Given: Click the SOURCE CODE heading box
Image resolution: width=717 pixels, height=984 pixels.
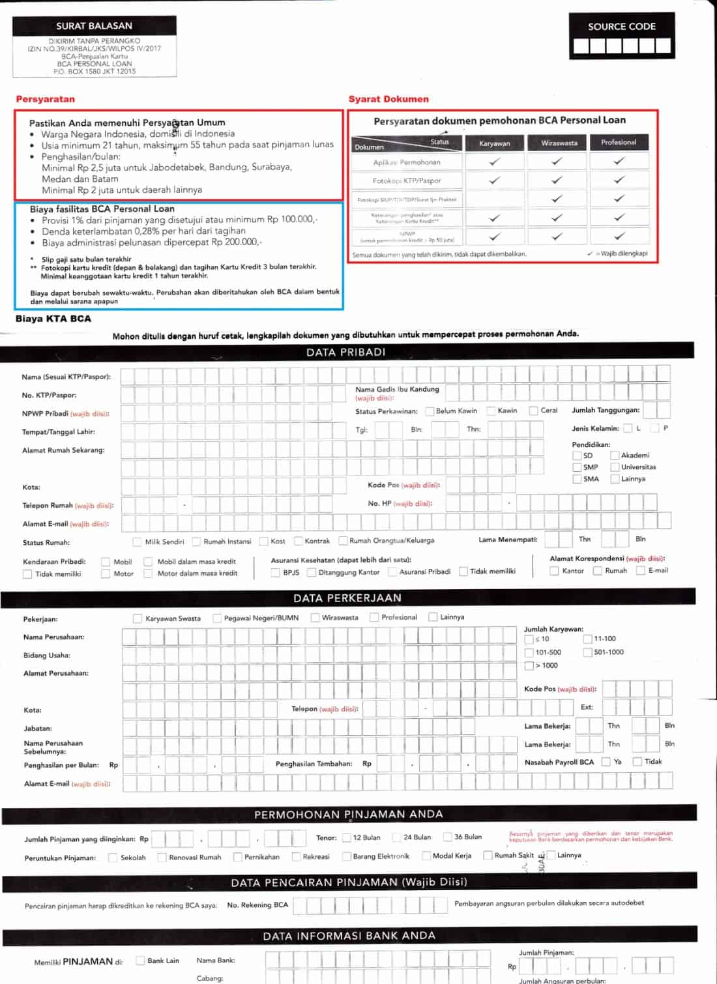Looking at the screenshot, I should click(x=621, y=27).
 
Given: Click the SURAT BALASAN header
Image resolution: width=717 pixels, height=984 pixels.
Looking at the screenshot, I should click(x=94, y=26).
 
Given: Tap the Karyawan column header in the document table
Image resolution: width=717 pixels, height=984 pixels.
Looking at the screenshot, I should click(x=494, y=143).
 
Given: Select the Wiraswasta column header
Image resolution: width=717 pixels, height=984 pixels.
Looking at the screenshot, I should click(x=559, y=143).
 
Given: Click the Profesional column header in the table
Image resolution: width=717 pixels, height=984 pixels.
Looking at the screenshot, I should click(x=619, y=142).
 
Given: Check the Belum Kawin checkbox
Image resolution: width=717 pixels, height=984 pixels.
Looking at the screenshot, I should click(x=430, y=411).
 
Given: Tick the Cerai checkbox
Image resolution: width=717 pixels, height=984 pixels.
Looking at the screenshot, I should click(x=533, y=411).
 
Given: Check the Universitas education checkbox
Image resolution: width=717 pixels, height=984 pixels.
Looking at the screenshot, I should click(x=615, y=467).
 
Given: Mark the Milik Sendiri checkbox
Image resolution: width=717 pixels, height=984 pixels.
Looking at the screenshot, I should click(x=137, y=542).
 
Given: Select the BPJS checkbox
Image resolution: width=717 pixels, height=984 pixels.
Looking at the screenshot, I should click(x=275, y=572).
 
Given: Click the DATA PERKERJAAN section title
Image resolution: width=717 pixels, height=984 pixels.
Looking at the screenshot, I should click(x=347, y=598).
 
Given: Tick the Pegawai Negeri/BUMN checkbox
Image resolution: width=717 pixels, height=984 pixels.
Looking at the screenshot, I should click(x=217, y=618).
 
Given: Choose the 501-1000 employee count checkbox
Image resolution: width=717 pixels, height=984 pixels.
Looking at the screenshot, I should click(x=587, y=652).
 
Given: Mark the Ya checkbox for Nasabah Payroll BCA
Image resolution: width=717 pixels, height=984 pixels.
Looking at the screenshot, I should click(x=606, y=762).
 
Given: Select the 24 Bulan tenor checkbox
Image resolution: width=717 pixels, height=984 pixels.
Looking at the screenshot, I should click(x=396, y=837).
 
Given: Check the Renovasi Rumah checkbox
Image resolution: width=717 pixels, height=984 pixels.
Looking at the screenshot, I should click(x=162, y=858).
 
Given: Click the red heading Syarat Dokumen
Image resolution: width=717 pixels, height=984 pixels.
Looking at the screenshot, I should click(x=388, y=99).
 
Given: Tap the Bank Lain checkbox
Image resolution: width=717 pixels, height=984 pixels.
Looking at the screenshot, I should click(x=140, y=961).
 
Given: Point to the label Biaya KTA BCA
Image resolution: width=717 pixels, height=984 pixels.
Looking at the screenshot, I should click(x=53, y=319).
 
